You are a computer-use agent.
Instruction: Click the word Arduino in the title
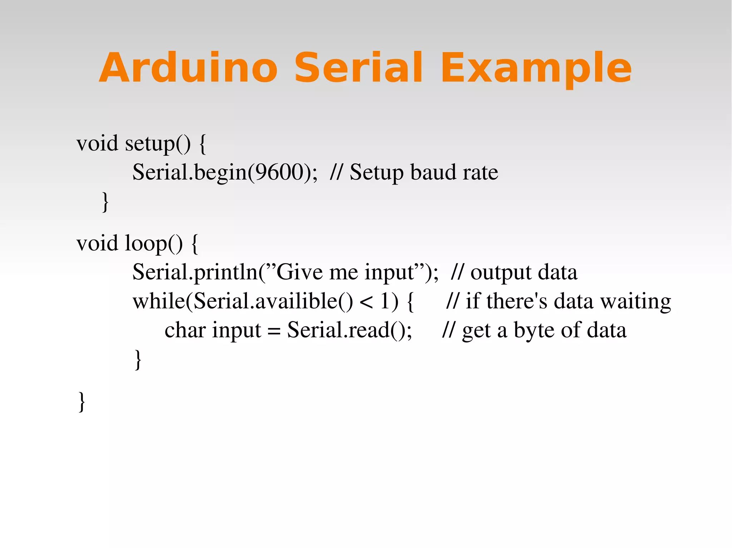(188, 68)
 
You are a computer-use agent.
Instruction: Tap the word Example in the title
(536, 68)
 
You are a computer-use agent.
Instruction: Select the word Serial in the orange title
(358, 68)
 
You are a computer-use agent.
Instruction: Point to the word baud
(432, 172)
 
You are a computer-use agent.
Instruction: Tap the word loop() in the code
(154, 244)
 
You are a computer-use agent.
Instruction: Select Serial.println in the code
(195, 273)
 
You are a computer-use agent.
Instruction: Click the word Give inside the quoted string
(300, 273)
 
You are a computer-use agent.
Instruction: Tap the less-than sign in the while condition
(366, 302)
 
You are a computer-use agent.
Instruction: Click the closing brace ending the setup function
(105, 202)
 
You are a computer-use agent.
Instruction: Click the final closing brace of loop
(82, 402)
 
